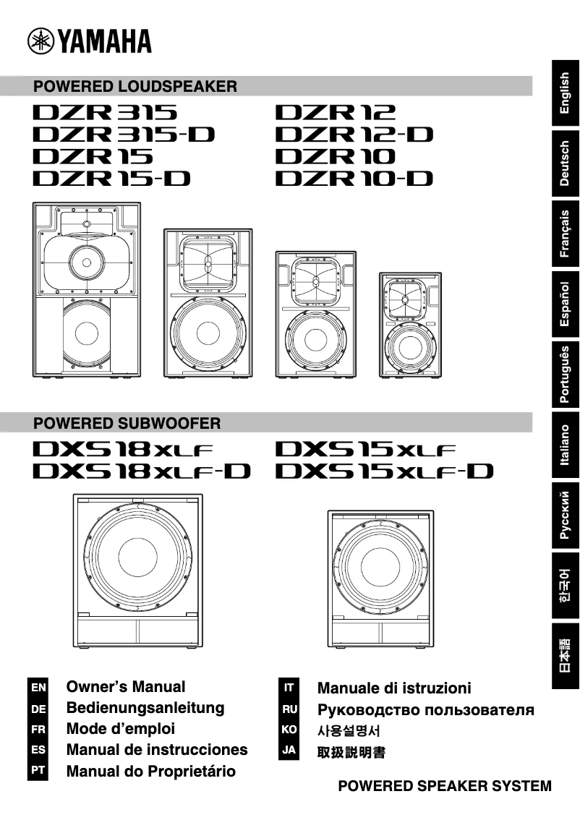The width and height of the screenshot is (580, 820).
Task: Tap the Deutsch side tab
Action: click(566, 164)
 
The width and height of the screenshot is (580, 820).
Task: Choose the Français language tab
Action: click(566, 234)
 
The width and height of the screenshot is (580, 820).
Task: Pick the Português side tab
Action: click(566, 374)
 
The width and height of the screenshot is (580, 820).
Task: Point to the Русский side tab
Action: click(566, 515)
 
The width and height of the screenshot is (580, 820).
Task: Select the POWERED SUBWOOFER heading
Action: click(127, 422)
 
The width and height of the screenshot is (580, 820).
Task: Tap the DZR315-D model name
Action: click(124, 134)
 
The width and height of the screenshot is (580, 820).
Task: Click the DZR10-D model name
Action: click(354, 178)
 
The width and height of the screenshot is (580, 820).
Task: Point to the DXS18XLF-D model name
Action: click(141, 471)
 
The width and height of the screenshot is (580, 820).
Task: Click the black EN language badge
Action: click(38, 686)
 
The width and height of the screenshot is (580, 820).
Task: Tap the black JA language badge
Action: click(289, 751)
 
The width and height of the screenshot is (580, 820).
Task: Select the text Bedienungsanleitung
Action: click(145, 708)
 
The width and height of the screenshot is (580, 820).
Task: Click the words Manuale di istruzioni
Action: click(394, 688)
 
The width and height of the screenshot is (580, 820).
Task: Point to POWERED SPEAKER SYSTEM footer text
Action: click(445, 786)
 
